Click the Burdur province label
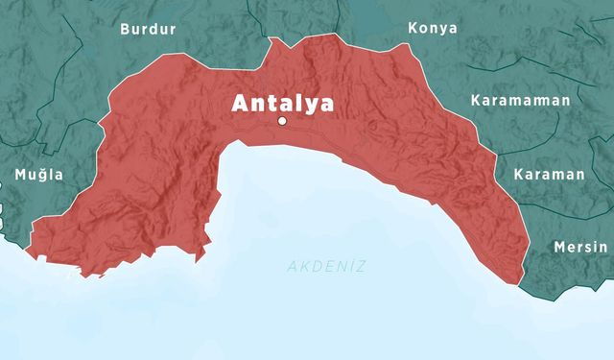point(148,29)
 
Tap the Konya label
point(432,28)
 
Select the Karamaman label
point(520,100)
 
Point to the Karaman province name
point(549,175)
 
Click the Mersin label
point(580,247)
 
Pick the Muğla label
point(38,175)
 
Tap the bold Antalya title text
point(281,103)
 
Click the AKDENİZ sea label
point(326,266)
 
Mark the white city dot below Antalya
point(282,122)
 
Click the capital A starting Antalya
point(240,103)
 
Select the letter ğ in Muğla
point(42,176)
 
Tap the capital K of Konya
point(413,28)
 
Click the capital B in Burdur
point(125,29)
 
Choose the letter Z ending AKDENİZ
point(361,266)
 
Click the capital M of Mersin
point(560,247)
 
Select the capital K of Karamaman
point(476,100)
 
